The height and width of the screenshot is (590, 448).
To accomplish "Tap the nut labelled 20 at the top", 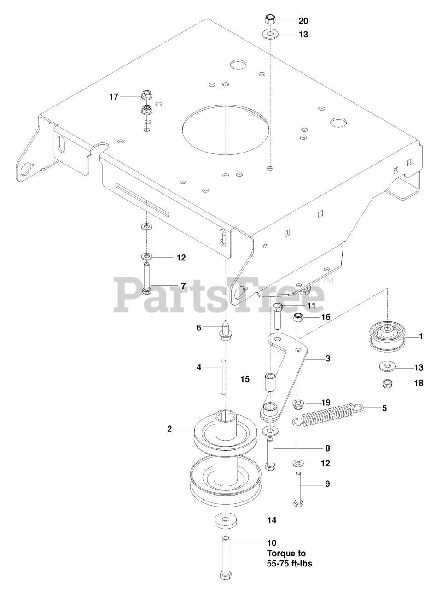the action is tap(270, 19).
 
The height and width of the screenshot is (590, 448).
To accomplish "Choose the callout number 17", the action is tap(114, 97).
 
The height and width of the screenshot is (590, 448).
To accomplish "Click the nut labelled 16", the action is tap(298, 317).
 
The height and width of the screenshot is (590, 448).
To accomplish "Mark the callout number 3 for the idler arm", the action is tap(327, 358).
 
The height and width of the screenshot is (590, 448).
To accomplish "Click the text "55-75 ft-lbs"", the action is tap(290, 563).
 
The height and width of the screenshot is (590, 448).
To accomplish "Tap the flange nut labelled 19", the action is tap(298, 404).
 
